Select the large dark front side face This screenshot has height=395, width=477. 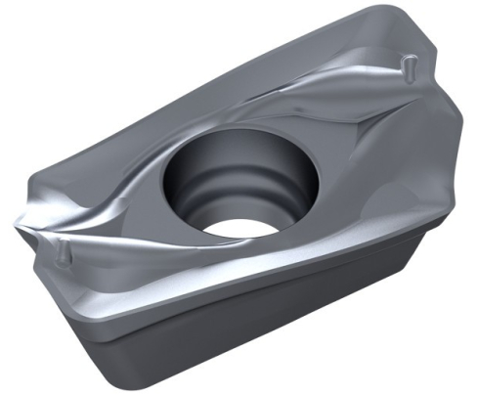click(264, 313)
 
